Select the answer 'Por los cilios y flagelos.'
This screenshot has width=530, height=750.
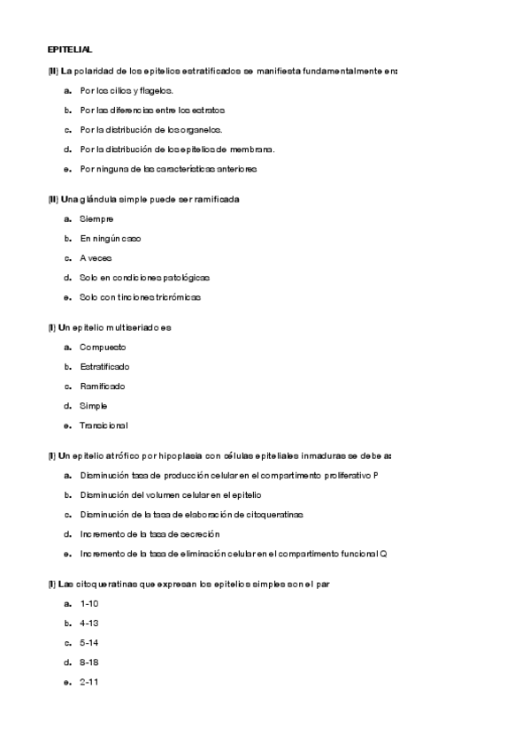pyautogui.click(x=127, y=90)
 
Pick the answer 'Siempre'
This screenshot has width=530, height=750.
pyautogui.click(x=96, y=218)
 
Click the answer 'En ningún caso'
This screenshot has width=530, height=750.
pyautogui.click(x=110, y=238)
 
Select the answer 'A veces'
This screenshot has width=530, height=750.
pyautogui.click(x=96, y=258)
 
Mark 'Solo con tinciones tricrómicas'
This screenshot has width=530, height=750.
pyautogui.click(x=140, y=297)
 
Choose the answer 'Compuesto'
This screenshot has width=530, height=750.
pyautogui.click(x=103, y=347)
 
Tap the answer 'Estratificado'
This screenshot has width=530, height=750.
pyautogui.click(x=104, y=366)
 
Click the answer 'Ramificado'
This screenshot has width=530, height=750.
pyautogui.click(x=102, y=386)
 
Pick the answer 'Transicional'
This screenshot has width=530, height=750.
pyautogui.click(x=104, y=425)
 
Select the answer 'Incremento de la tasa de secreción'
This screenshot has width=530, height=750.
pyautogui.click(x=150, y=534)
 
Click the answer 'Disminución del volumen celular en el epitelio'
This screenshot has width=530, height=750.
pyautogui.click(x=170, y=494)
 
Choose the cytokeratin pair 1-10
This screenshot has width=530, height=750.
pyautogui.click(x=88, y=604)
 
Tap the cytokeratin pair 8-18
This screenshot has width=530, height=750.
pyautogui.click(x=88, y=662)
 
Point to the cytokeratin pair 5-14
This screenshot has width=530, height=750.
pyautogui.click(x=88, y=643)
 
